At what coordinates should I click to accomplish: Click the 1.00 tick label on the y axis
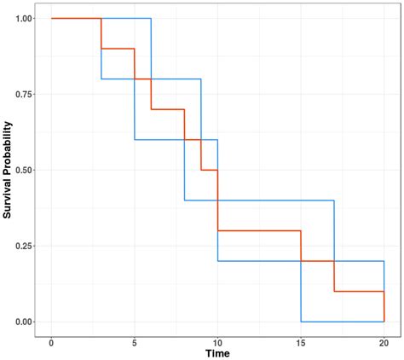[23, 18]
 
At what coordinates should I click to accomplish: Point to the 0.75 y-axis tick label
[23, 94]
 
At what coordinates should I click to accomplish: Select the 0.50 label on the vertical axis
[23, 170]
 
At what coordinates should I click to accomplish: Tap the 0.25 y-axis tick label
[23, 246]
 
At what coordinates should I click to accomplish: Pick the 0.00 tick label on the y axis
[23, 322]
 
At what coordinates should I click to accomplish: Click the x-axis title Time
[217, 353]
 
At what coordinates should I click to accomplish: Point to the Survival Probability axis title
[8, 170]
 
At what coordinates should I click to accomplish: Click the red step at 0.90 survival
[118, 49]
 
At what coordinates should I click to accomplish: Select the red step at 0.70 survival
[168, 109]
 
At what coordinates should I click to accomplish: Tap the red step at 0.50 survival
[209, 170]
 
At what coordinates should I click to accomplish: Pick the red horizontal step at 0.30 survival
[259, 230]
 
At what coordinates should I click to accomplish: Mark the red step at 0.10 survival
[359, 292]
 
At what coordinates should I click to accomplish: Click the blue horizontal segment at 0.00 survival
[342, 322]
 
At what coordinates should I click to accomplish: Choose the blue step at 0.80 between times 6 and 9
[176, 79]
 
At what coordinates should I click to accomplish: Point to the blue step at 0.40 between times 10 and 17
[275, 200]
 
